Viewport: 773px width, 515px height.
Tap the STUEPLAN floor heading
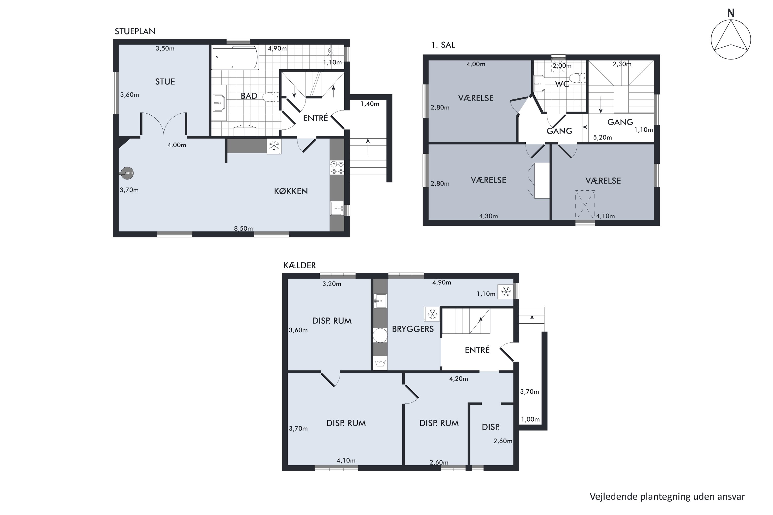pos(135,31)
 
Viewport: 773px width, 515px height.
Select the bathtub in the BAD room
pos(235,58)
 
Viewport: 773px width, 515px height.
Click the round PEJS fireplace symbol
pos(127,173)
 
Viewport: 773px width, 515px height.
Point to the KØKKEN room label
pos(291,191)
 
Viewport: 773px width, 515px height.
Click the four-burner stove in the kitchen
pos(337,168)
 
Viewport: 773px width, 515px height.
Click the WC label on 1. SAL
pos(562,84)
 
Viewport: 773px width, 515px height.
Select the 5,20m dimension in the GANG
pos(602,138)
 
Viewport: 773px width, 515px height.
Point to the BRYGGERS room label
pos(413,329)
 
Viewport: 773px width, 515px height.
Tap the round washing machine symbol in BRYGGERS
pos(380,335)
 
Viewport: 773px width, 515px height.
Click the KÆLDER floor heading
pos(299,265)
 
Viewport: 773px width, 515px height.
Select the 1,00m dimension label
pos(530,419)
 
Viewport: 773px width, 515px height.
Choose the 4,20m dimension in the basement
pos(458,379)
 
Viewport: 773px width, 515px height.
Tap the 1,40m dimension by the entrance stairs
pos(370,104)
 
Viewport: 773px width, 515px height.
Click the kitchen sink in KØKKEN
pos(337,208)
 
